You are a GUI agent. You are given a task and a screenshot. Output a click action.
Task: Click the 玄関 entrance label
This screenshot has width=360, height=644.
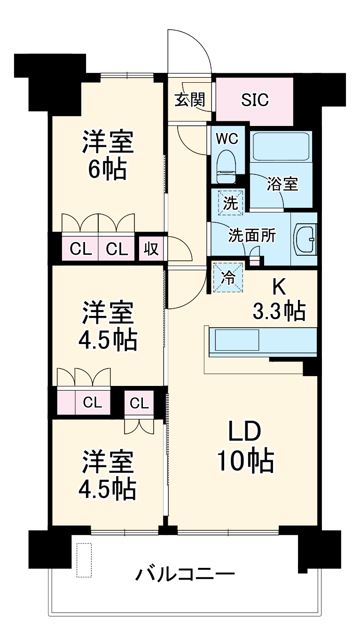coord(190,100)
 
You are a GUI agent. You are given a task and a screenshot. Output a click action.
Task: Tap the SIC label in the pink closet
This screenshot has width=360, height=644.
coord(255,100)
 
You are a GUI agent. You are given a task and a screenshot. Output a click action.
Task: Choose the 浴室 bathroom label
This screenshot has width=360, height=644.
coord(282,185)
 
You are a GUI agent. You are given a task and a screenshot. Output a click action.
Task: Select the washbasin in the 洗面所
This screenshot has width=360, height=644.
coord(306,240)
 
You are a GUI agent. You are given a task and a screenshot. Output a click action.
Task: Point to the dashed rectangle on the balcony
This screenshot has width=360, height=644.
coord(84,560)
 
